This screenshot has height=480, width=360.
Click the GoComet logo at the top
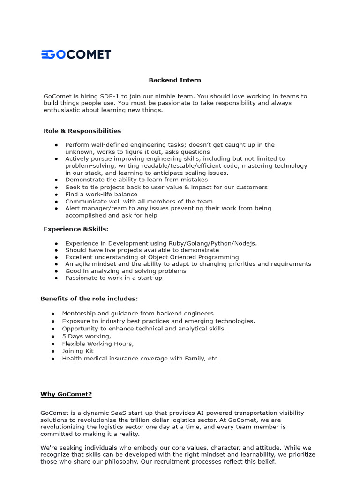(76, 54)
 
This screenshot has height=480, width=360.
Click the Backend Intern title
(175, 80)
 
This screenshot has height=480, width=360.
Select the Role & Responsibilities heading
(82, 131)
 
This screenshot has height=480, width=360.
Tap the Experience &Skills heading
(75, 229)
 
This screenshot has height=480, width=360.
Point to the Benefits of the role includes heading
(89, 299)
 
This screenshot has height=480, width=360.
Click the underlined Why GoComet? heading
(66, 394)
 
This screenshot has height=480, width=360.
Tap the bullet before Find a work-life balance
(56, 195)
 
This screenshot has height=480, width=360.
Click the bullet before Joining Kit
(53, 351)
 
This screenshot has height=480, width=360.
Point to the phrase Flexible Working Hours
(97, 344)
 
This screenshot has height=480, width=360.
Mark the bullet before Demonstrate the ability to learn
(56, 180)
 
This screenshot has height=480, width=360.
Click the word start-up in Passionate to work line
(149, 278)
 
